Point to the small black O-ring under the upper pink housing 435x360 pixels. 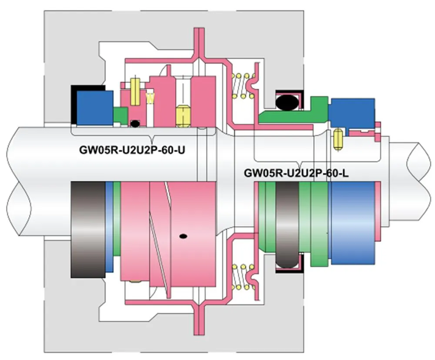pyautogui.click(x=136, y=124)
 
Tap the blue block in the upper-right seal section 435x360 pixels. pyautogui.click(x=352, y=112)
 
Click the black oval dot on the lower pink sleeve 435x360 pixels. pyautogui.click(x=184, y=236)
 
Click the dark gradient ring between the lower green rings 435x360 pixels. pyautogui.click(x=288, y=224)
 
